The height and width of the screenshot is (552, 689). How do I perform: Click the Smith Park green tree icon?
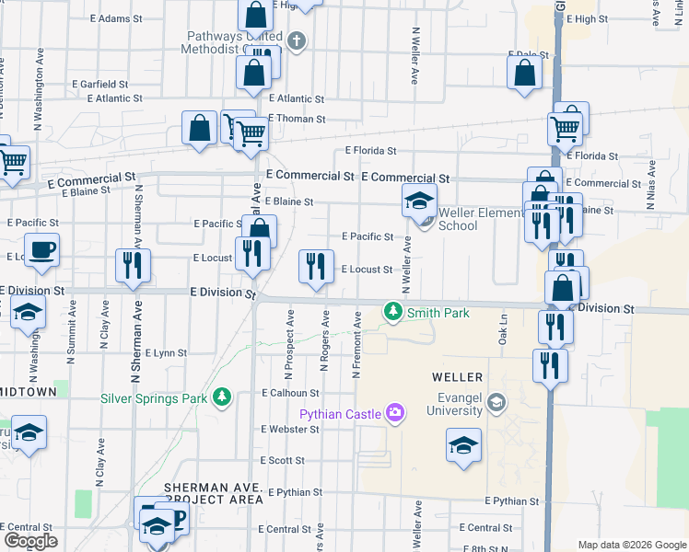coord(393,313)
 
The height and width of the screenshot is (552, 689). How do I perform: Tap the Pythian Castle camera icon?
coord(396,414)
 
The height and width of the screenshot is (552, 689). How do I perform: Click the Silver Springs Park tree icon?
coord(221,397)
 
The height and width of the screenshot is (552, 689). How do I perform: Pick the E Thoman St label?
coord(297,119)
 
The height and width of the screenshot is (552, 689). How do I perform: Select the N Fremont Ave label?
coord(356,346)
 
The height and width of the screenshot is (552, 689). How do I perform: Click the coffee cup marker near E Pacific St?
coord(41,252)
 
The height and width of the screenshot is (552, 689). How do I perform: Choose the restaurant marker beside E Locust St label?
coord(316,268)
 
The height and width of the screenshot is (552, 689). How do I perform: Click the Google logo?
coord(29,541)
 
